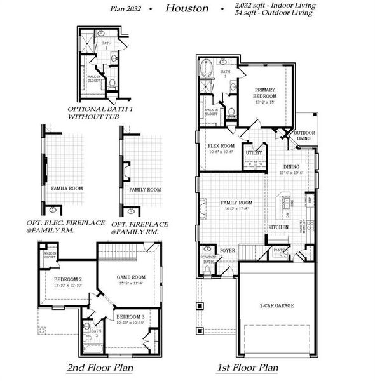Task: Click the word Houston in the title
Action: click(186, 8)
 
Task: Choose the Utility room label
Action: click(254, 153)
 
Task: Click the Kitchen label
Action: click(278, 227)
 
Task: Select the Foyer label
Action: click(228, 251)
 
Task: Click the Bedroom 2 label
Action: click(68, 279)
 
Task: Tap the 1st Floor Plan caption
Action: click(247, 367)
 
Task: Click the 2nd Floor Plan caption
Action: click(105, 367)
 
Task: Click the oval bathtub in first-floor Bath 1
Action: click(206, 69)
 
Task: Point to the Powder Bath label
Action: click(208, 260)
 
